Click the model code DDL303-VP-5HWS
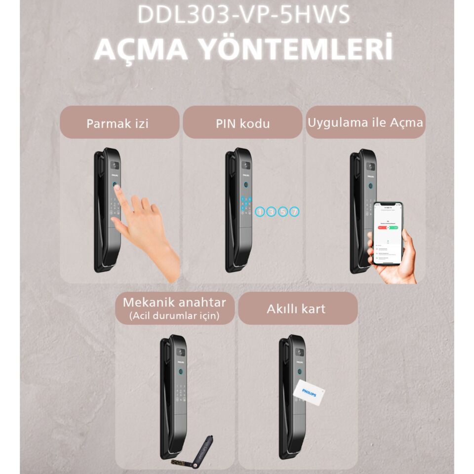pos(243,15)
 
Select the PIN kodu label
pos(242,123)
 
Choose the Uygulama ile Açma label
pos(365,121)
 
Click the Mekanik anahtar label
pos(174,302)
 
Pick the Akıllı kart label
pos(296,309)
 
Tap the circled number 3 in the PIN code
pos(272,212)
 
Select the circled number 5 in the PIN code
pos(283,212)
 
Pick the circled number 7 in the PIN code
pos(294,212)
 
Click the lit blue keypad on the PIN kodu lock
pos(245,203)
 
